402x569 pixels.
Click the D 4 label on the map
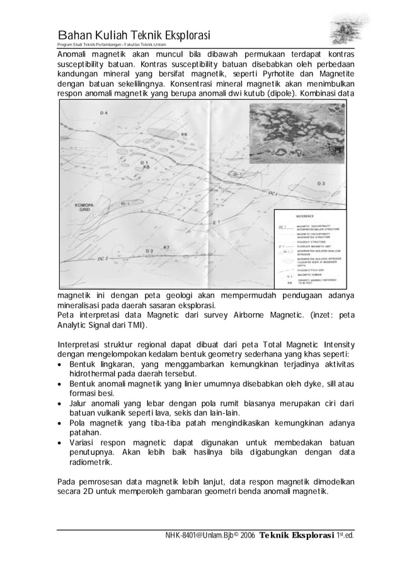click(103, 113)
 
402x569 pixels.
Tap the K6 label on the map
click(184, 134)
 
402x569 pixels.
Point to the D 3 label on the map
click(321, 183)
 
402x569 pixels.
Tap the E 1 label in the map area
click(216, 223)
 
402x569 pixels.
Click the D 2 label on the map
click(149, 251)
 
